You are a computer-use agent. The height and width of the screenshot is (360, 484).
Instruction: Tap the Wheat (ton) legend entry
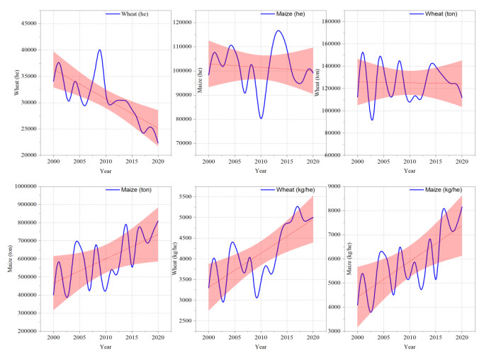pos(444,13)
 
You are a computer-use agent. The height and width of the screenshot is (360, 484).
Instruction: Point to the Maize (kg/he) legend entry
pos(444,191)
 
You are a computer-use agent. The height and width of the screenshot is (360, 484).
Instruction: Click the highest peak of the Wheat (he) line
pos(100,50)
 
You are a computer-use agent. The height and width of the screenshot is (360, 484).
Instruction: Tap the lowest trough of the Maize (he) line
pos(261,118)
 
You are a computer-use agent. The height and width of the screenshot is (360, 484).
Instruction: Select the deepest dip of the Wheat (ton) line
pos(371,119)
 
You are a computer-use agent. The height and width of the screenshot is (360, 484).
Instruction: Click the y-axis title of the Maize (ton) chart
pos(11,260)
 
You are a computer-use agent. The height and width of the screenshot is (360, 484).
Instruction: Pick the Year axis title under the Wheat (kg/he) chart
pos(261,347)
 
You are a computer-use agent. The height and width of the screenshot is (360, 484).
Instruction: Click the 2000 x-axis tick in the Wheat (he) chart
pos(52,161)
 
